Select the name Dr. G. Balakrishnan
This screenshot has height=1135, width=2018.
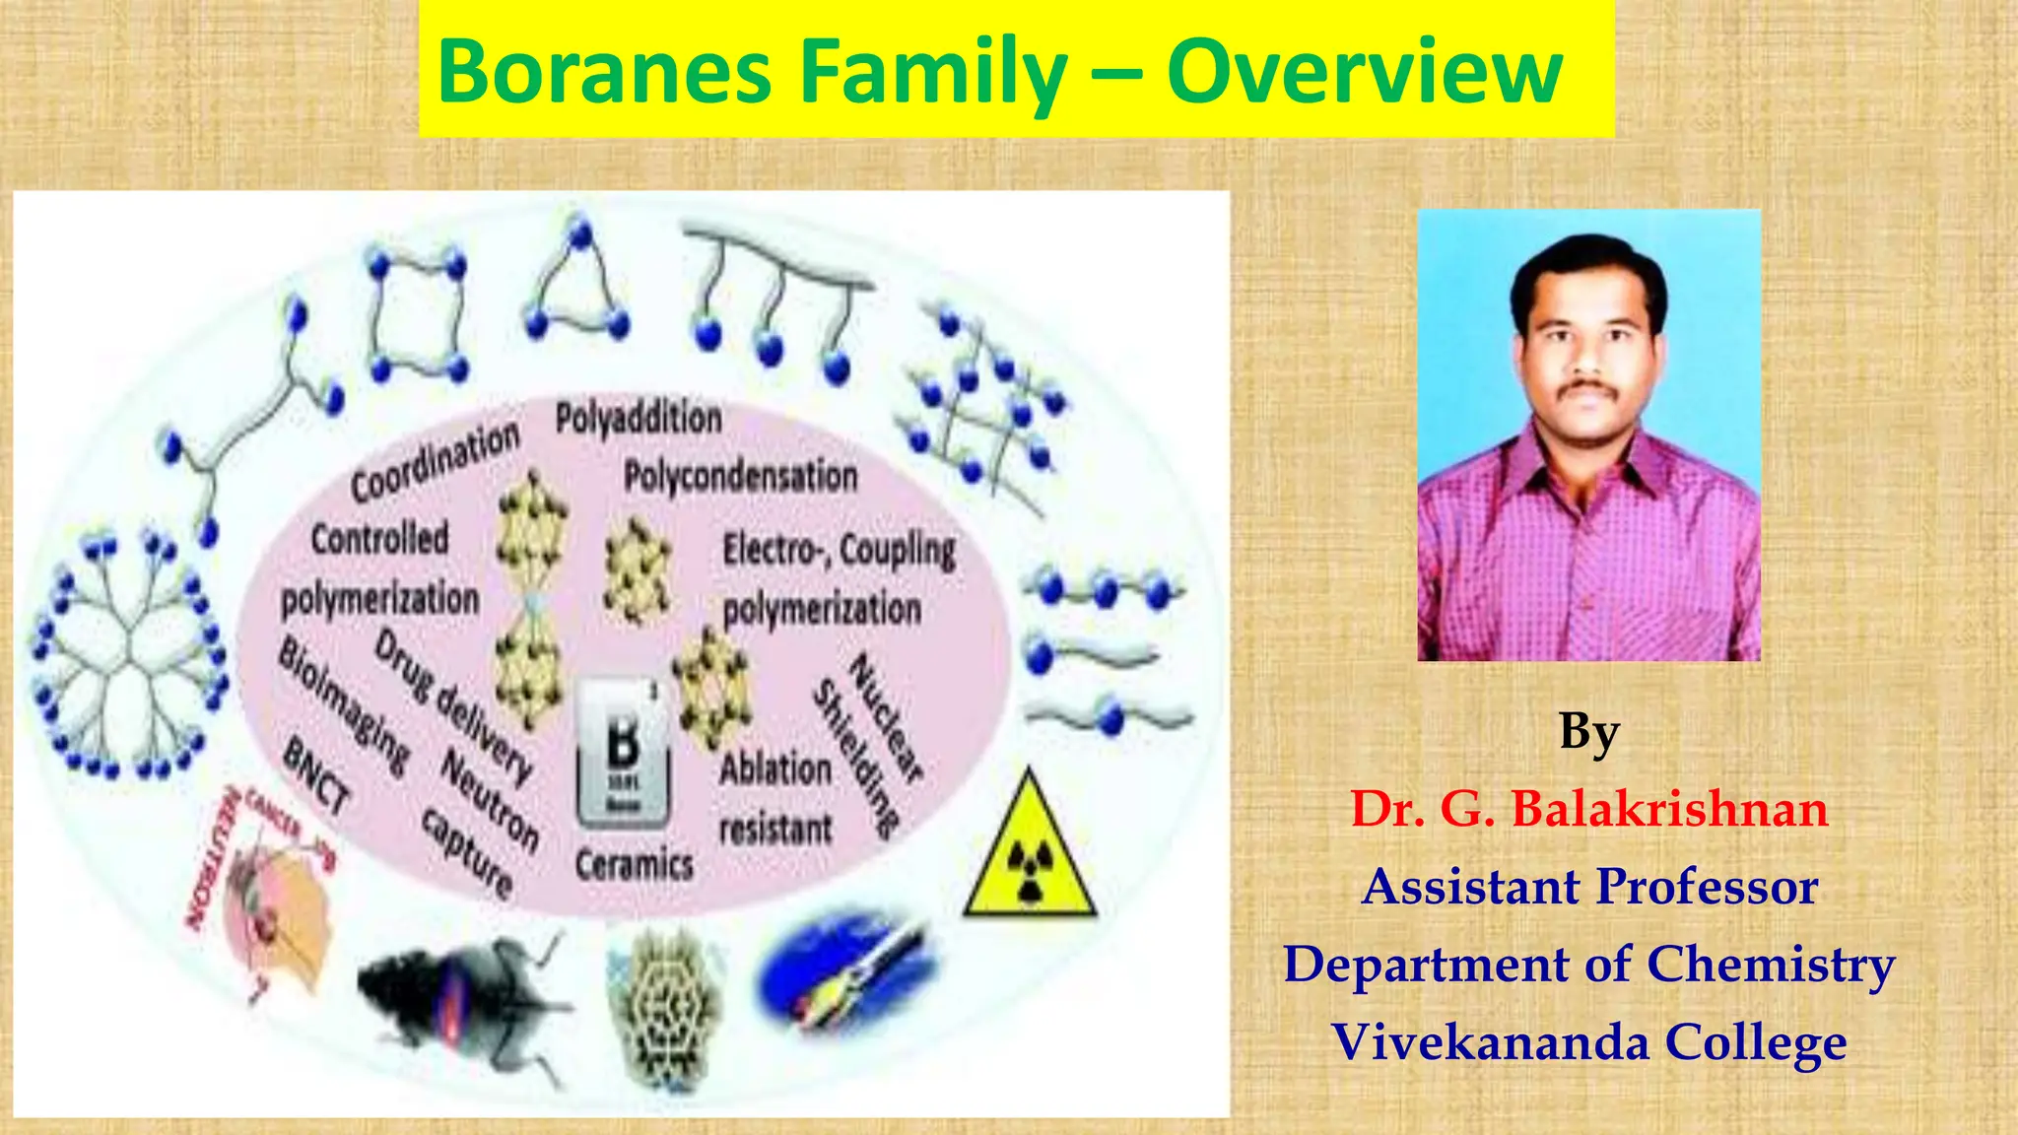click(x=1588, y=809)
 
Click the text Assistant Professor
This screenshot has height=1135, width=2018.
click(x=1588, y=886)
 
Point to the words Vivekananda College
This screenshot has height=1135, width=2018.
click(x=1588, y=1042)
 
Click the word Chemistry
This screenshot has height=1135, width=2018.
click(x=1770, y=965)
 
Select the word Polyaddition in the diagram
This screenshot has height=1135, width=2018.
click(x=639, y=419)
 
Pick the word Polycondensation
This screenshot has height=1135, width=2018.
click(x=740, y=477)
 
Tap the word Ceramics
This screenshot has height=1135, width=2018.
click(x=635, y=865)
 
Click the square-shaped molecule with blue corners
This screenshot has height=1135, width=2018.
click(x=418, y=315)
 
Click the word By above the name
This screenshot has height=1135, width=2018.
click(x=1588, y=731)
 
